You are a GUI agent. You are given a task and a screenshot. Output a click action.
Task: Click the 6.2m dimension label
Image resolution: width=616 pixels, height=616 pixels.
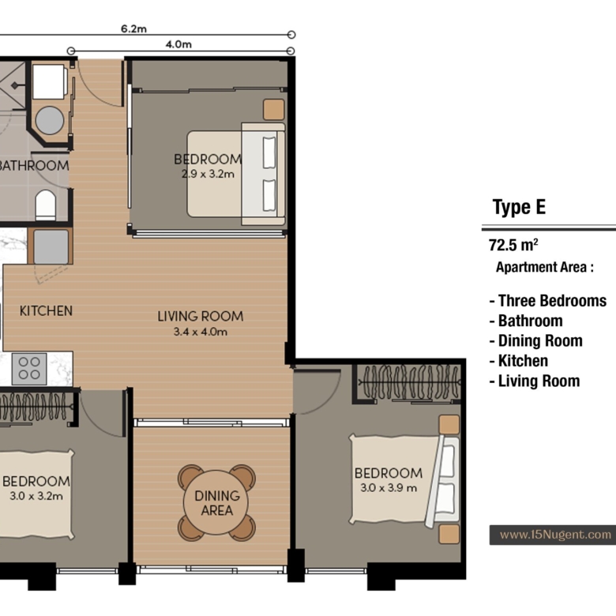coord(133,28)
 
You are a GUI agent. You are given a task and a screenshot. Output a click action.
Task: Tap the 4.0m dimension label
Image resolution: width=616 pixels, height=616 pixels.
coord(178,44)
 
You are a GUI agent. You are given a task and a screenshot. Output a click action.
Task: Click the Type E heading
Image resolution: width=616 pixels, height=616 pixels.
coord(519,207)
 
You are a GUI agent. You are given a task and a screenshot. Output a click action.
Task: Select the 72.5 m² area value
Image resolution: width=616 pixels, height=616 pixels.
coord(513,245)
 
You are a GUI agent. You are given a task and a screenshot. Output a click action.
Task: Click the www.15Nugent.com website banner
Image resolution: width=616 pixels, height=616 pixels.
coord(552,535)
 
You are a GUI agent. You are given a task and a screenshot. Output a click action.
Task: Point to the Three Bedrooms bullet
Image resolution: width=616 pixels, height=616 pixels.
coord(548,301)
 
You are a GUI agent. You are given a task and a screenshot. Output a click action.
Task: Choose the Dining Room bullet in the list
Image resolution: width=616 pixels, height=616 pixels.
coord(536,340)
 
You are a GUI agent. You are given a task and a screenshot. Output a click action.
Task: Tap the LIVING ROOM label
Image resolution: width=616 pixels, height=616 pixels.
coord(201,316)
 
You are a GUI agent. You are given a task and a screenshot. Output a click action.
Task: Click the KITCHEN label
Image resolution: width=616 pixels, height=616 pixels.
coord(46,310)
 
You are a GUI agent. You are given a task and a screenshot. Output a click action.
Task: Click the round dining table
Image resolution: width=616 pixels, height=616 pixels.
coord(216,502)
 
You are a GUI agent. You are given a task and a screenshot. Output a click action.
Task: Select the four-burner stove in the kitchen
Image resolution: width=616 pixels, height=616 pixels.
coord(29,369)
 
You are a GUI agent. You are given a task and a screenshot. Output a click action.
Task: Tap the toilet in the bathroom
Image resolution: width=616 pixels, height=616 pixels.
coord(46,205)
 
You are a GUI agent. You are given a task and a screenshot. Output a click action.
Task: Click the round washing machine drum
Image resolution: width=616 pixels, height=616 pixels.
coord(50,120)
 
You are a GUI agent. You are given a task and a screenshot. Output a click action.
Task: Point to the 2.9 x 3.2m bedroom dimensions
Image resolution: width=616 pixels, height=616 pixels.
coord(208,174)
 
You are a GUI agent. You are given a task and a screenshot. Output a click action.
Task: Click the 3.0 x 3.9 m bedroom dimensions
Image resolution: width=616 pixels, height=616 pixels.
coord(389,487)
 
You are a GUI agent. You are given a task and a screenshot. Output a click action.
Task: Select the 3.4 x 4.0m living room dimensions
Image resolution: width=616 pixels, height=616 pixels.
coord(201,332)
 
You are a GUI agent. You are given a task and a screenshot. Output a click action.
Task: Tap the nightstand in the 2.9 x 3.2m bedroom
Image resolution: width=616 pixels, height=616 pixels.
coord(274,109)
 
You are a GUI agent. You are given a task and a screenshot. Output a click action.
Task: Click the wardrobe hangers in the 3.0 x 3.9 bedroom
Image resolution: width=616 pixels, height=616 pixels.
coord(410,382)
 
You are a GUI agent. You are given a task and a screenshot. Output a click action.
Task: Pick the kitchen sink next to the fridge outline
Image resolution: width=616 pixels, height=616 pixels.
coord(51,246)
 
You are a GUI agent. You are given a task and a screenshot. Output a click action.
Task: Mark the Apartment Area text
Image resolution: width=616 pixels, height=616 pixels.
coord(544,267)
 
